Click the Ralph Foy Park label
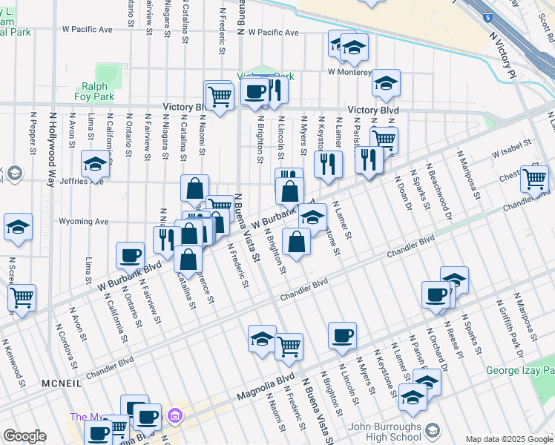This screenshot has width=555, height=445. [x=94, y=91]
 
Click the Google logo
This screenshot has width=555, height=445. [x=24, y=435]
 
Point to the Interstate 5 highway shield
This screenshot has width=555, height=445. [x=487, y=17]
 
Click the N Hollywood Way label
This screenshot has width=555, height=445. [x=53, y=148]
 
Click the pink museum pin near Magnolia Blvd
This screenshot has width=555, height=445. [x=174, y=414]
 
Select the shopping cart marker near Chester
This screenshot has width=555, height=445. [x=534, y=178]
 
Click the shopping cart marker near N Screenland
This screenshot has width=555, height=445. [x=22, y=297]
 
